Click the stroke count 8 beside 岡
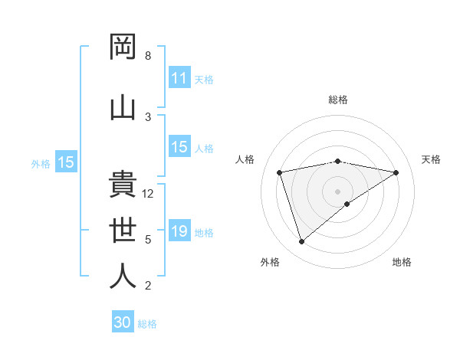pyautogui.click(x=148, y=56)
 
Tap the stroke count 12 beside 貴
pyautogui.click(x=149, y=194)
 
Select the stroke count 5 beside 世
pyautogui.click(x=148, y=240)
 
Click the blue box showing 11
pyautogui.click(x=179, y=78)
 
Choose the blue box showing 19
pyautogui.click(x=179, y=231)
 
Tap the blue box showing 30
pyautogui.click(x=123, y=322)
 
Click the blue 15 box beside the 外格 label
pyautogui.click(x=66, y=162)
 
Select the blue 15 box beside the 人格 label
pyautogui.click(x=179, y=147)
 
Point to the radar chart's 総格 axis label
pyautogui.click(x=338, y=100)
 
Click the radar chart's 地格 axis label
pyautogui.click(x=402, y=262)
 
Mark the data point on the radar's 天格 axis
pyautogui.click(x=396, y=172)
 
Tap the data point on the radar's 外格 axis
pyautogui.click(x=301, y=241)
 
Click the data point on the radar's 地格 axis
pyautogui.click(x=347, y=204)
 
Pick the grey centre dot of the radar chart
pyautogui.click(x=338, y=191)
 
